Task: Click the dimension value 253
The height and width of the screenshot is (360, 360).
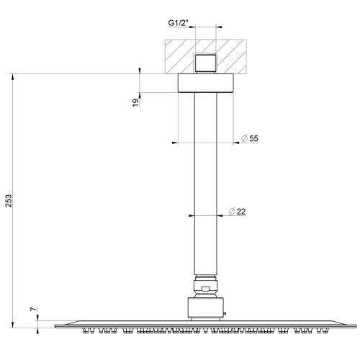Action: (x=9, y=200)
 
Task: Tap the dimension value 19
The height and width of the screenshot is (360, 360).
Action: (x=135, y=103)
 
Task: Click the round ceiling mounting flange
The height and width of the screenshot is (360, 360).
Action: (x=206, y=83)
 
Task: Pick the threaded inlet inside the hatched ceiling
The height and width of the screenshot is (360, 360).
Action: (x=206, y=63)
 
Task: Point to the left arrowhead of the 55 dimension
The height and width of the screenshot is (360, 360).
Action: (x=176, y=143)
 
